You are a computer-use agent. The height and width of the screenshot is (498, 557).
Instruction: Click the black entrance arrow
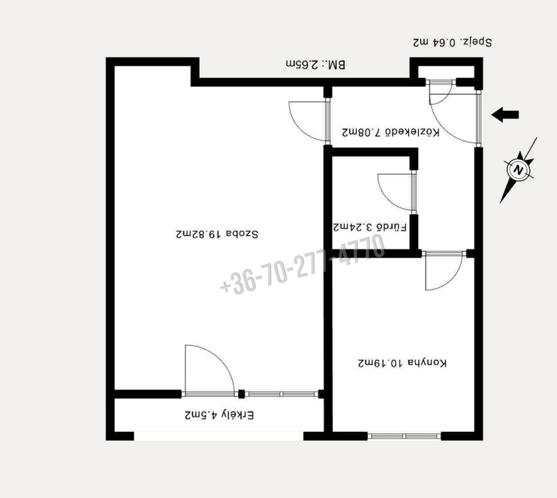[505, 115]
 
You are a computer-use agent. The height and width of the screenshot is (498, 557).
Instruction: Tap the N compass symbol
[518, 169]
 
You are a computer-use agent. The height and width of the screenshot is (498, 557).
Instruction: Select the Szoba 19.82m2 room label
[217, 234]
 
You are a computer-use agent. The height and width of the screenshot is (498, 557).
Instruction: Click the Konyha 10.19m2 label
[402, 363]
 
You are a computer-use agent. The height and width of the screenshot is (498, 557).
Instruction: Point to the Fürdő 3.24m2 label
[370, 227]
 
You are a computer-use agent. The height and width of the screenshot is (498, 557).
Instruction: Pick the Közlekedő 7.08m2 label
[391, 132]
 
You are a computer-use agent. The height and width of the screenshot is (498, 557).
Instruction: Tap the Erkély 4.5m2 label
[219, 415]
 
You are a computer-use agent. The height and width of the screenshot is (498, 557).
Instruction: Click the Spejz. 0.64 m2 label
[452, 42]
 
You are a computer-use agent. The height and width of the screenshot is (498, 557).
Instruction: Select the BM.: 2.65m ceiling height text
[315, 65]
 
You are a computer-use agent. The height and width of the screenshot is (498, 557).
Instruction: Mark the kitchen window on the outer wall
[404, 436]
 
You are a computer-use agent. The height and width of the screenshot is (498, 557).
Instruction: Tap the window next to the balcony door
[282, 394]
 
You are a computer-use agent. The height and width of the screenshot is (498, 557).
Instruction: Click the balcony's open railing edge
[219, 436]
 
